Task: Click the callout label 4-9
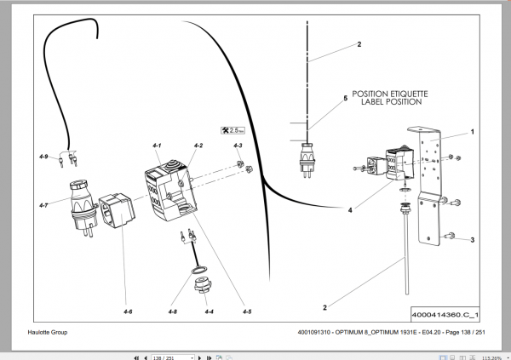44,157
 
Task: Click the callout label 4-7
44,204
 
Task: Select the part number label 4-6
127,312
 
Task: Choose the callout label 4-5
246,312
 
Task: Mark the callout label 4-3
238,146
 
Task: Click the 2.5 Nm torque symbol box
233,129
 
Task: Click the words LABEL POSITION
391,102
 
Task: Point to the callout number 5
345,99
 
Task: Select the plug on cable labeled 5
304,160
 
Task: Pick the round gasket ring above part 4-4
198,271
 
